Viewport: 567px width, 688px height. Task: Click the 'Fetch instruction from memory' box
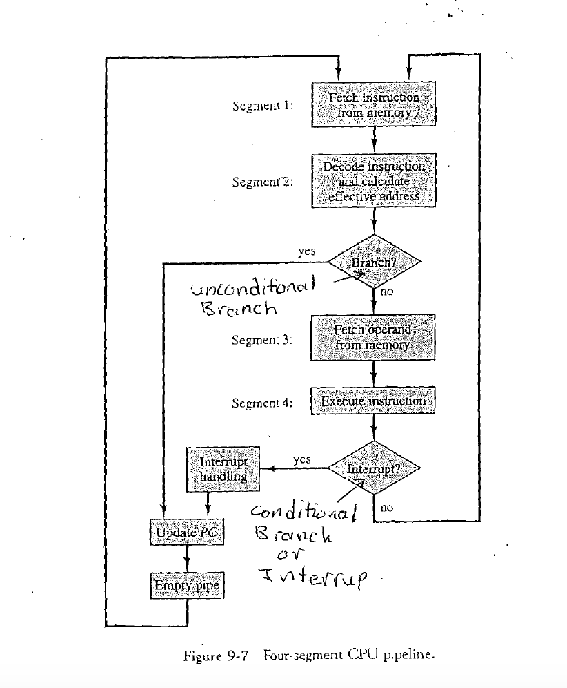(374, 105)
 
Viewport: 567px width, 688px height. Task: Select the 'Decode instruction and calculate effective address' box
(374, 181)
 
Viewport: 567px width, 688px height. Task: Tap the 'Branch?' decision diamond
(374, 262)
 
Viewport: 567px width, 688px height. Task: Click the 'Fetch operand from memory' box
(373, 337)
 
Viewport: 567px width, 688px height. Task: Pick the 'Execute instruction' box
(373, 401)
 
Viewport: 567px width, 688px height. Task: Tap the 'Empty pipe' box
(186, 586)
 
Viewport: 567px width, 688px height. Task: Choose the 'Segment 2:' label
(262, 182)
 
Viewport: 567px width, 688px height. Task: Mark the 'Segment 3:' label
(262, 340)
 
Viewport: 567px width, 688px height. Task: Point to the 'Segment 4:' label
(262, 403)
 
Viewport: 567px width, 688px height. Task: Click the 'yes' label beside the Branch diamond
(306, 251)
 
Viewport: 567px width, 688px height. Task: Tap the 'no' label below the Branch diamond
(386, 292)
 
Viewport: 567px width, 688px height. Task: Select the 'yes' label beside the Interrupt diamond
(301, 459)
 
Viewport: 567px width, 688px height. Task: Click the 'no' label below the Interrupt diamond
(386, 507)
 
